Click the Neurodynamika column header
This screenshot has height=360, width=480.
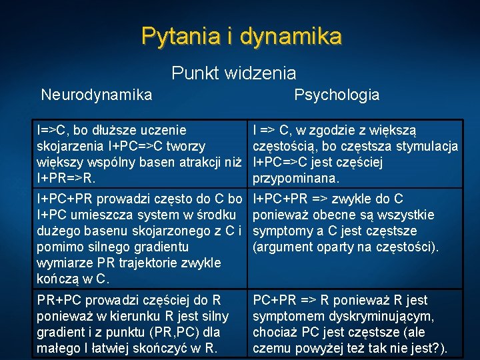[96, 95]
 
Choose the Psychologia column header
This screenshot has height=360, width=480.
[337, 95]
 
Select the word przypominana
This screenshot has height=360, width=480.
[296, 179]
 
